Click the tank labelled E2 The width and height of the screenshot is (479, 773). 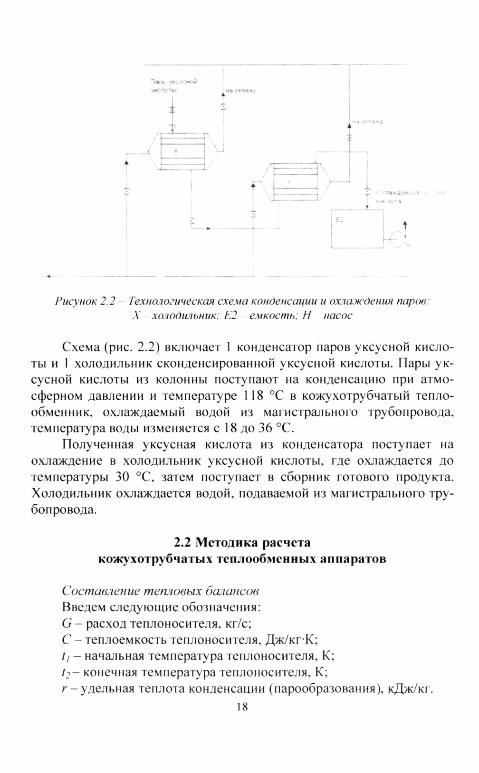(x=357, y=228)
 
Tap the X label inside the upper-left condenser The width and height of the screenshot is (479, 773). (x=176, y=151)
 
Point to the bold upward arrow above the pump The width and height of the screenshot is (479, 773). (x=405, y=226)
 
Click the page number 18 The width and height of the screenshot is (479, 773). (x=241, y=707)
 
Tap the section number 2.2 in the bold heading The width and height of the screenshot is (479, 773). (x=182, y=542)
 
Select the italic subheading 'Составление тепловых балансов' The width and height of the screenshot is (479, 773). (x=160, y=591)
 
